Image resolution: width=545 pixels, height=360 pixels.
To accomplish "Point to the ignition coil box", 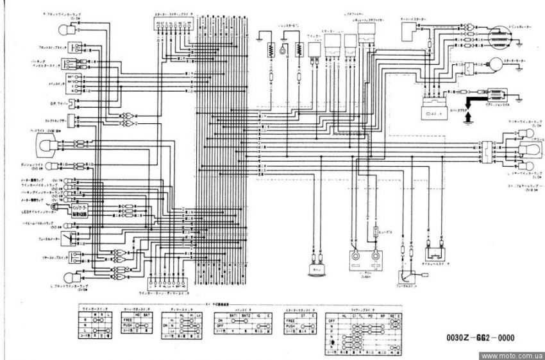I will (x=494, y=93).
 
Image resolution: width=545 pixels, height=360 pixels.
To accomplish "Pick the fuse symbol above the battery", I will (x=374, y=229).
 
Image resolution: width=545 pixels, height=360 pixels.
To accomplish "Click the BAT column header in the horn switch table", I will (x=149, y=316).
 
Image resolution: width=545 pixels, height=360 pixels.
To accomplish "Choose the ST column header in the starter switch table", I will (x=301, y=316).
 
